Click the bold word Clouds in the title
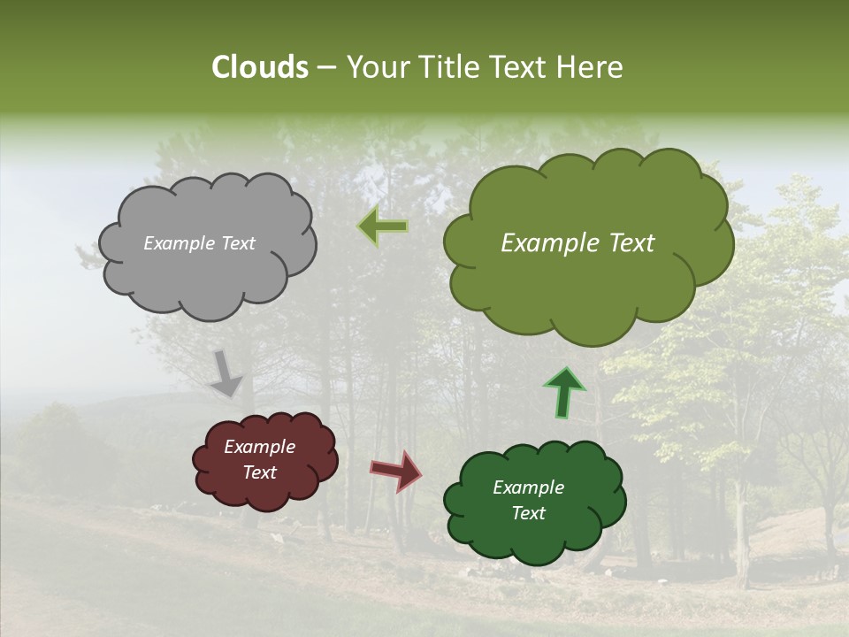[259, 67]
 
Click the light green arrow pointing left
[383, 226]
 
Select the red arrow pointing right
[397, 470]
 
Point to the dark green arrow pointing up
[563, 392]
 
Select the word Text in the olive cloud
[630, 243]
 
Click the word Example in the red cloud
[259, 447]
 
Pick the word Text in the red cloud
[259, 472]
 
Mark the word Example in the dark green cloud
[528, 487]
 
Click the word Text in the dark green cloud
[528, 513]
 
